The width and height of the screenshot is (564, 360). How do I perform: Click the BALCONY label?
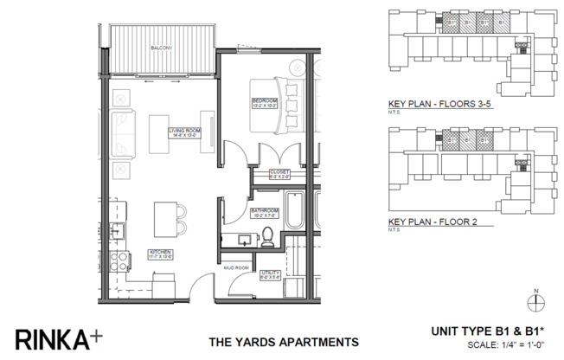(159, 48)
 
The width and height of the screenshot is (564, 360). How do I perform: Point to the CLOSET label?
(279, 172)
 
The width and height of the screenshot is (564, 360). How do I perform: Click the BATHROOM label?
(264, 211)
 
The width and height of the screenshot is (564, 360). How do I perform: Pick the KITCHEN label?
(161, 254)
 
